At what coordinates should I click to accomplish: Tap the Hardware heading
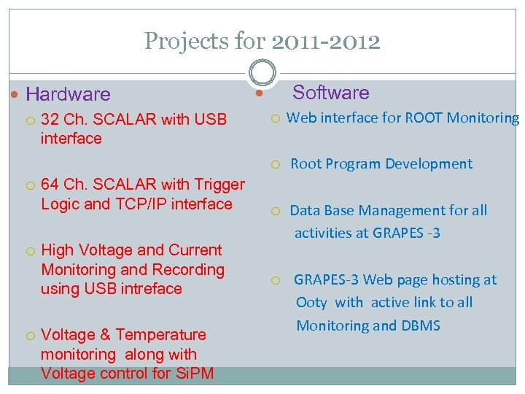tap(68, 94)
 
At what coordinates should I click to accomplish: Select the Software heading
tap(330, 93)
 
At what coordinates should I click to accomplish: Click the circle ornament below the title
tap(262, 73)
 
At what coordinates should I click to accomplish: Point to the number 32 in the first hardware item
tap(50, 120)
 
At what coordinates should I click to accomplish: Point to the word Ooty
tap(311, 303)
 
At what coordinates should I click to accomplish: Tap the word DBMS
tap(421, 326)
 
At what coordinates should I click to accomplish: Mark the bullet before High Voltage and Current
tap(30, 251)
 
